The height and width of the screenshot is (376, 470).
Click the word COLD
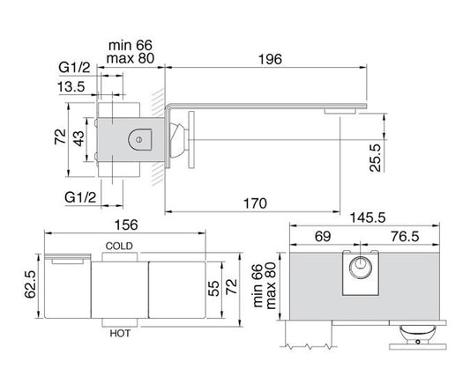[119, 246]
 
